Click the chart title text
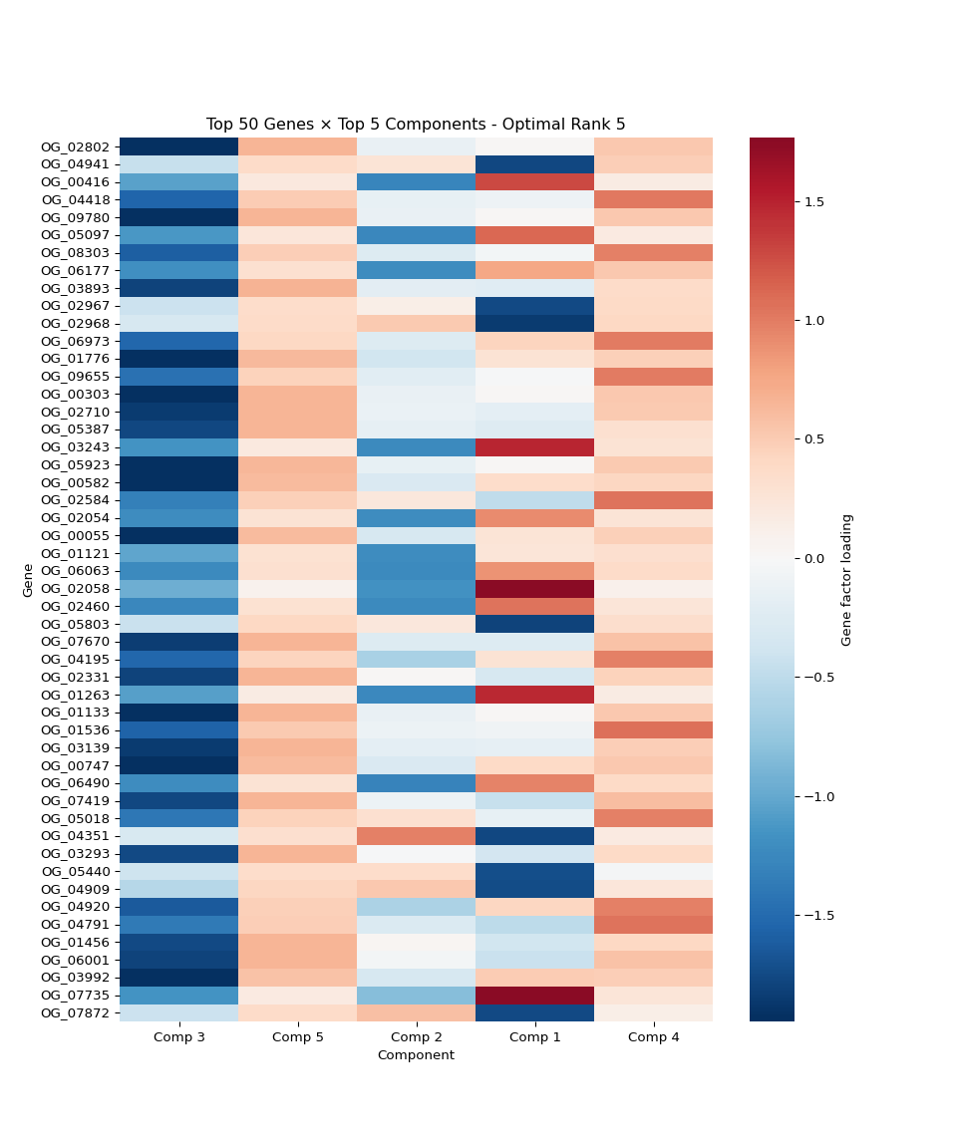coord(416,125)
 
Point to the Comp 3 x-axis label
coord(179,1037)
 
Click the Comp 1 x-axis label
coord(534,1037)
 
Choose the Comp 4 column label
coord(653,1037)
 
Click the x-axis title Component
coord(416,1055)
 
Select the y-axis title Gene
coord(28,580)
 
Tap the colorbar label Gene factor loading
coord(847,580)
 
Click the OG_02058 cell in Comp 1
coord(534,588)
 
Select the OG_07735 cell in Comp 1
coord(534,995)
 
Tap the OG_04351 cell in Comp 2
coord(416,836)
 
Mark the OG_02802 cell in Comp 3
coord(179,146)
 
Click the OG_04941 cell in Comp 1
coord(534,163)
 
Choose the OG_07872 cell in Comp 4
coord(653,1012)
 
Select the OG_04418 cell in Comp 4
coord(653,199)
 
